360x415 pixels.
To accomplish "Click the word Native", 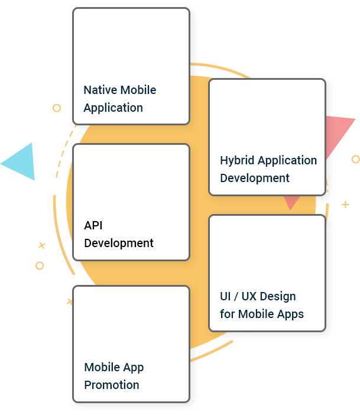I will click(x=100, y=90).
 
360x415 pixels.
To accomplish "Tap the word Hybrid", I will click(x=236, y=160).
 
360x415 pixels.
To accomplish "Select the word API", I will click(x=93, y=225).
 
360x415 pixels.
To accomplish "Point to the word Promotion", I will click(x=112, y=385).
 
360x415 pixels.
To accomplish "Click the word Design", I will click(x=277, y=296).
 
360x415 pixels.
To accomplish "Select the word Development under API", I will click(x=119, y=243).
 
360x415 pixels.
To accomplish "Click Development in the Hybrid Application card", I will click(x=255, y=178).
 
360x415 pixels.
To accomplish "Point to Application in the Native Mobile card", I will click(x=113, y=108).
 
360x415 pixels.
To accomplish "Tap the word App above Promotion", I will click(x=134, y=368).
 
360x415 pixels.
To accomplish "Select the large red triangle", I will click(x=337, y=136).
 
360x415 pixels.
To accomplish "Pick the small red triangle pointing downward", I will click(x=291, y=202).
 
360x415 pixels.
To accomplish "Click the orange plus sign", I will click(x=345, y=205).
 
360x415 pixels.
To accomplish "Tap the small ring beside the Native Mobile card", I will click(x=57, y=108).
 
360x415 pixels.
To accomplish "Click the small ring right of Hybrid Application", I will click(x=355, y=159).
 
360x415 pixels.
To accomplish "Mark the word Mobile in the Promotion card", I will click(x=102, y=367).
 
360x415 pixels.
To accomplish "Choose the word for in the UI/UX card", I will click(x=227, y=314).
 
